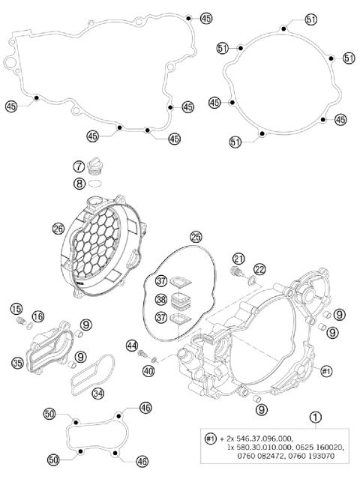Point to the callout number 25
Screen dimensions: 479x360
[196, 237]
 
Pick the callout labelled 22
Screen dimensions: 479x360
[259, 268]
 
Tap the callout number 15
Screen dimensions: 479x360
[16, 309]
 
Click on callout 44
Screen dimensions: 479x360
[132, 346]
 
